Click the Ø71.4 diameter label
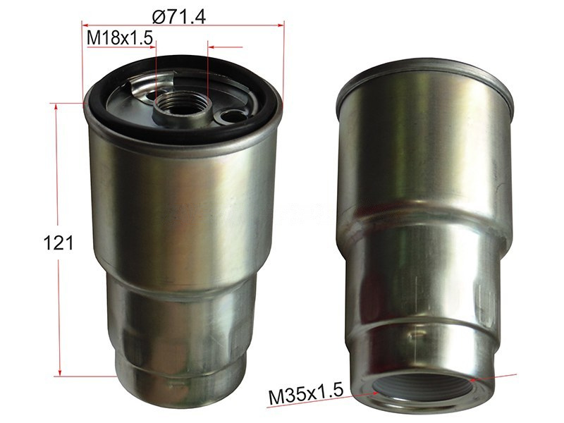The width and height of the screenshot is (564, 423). [179, 16]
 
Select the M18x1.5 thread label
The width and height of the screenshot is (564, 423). [120, 38]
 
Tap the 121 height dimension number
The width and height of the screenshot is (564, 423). [59, 243]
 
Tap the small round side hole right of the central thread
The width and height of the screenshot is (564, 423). [229, 116]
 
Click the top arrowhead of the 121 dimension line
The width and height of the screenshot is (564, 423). [56, 107]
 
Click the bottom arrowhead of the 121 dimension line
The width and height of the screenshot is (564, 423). [60, 372]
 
